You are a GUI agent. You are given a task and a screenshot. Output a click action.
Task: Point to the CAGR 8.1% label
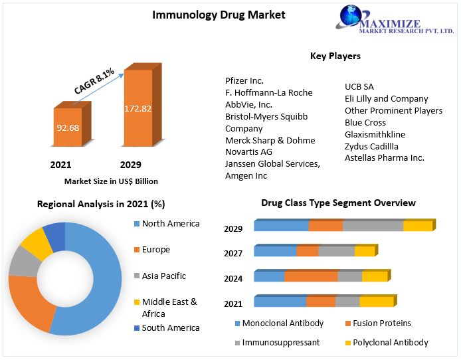(94, 80)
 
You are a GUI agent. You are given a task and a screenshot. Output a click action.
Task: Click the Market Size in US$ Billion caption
(111, 181)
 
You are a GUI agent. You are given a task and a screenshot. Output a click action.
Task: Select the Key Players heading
(335, 56)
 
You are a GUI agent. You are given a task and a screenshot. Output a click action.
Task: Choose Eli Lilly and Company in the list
(386, 98)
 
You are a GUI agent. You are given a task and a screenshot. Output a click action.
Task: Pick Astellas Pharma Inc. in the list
(384, 157)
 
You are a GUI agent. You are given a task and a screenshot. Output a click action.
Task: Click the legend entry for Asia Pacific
(163, 276)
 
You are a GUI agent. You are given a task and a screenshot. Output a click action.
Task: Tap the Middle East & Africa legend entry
(169, 308)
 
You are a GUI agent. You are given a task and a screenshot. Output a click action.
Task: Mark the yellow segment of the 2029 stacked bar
(417, 226)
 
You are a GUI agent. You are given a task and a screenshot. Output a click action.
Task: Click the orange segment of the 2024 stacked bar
(310, 276)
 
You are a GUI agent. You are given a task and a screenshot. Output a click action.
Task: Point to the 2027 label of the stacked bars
(233, 253)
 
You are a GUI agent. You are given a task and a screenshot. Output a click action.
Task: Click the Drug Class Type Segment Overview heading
(338, 203)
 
